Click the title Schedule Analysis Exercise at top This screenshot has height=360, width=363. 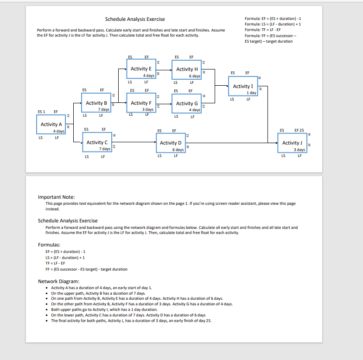134,19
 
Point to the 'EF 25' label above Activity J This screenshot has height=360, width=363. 299,130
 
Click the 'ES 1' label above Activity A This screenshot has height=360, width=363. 41,112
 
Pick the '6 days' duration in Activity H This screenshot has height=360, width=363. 195,76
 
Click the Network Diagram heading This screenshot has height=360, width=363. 58,281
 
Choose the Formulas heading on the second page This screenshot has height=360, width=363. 49,244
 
